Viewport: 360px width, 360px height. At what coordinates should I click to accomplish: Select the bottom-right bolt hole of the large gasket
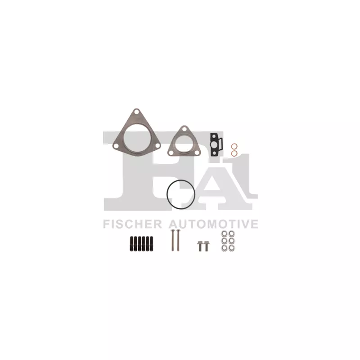156,145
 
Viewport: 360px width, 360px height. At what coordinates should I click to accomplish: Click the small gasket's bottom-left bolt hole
171,152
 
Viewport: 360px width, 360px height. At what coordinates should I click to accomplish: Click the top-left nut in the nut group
224,234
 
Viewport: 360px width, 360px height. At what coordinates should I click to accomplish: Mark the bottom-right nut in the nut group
231,248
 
